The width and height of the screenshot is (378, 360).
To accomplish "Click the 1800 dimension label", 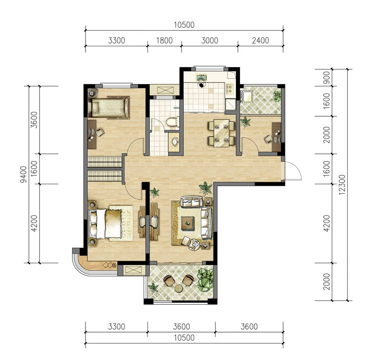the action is point(164,41).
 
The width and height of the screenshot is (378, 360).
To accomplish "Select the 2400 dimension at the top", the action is point(260,41).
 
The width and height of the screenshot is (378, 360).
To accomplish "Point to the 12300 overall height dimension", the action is point(342,185).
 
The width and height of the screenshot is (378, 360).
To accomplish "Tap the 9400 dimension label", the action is point(24,174).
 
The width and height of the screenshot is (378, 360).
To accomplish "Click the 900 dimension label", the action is point(326,77).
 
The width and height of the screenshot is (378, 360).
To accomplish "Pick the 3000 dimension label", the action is point(210,41).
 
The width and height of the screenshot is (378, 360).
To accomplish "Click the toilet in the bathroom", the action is point(172,121).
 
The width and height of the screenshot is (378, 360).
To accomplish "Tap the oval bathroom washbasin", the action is point(175,142).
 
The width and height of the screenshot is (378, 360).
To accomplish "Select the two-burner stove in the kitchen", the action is point(230,88).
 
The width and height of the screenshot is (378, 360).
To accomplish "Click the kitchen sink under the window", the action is point(201,78).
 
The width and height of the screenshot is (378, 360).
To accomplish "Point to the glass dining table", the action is point(222,133).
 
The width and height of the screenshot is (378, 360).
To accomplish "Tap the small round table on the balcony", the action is point(179,288).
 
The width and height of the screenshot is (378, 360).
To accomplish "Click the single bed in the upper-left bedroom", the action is point(109,108).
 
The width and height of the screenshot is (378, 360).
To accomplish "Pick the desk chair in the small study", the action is point(268,139).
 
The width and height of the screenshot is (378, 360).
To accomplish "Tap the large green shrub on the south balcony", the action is point(206,280).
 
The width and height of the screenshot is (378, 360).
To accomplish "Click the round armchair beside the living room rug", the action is point(194,244).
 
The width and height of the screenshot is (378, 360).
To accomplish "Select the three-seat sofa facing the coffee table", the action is point(206,223).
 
